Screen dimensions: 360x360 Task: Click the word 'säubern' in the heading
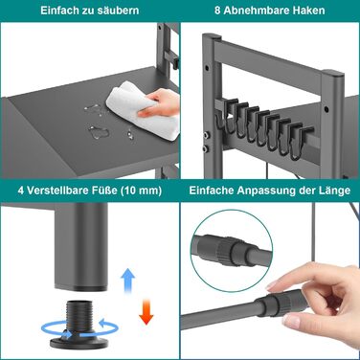tap(120, 11)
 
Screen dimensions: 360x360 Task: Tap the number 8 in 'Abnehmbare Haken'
tap(217, 11)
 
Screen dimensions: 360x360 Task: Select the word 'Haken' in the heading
tap(309, 11)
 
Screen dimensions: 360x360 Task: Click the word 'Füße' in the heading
tap(106, 191)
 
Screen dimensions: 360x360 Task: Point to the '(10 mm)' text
tap(142, 191)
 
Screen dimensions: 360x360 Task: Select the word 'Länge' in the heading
tap(335, 191)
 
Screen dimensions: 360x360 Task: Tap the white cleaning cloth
tap(144, 110)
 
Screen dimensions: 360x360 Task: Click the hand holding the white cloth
tap(161, 102)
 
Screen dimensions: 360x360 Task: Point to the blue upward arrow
tap(127, 280)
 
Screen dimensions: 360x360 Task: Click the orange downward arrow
tap(146, 312)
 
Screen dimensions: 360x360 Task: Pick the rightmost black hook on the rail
tap(301, 143)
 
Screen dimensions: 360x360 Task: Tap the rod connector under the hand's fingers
tap(277, 304)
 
